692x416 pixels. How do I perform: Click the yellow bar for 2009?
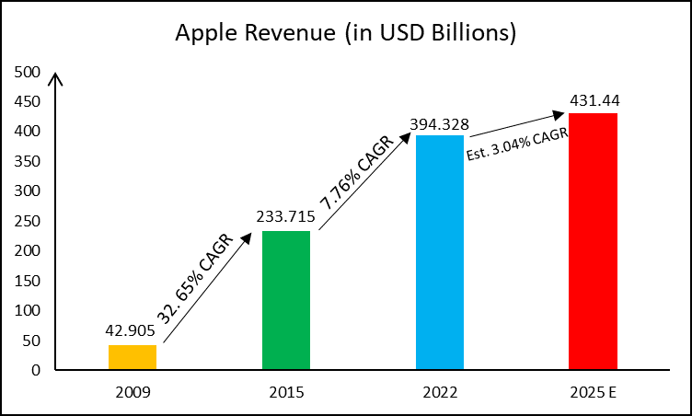click(133, 357)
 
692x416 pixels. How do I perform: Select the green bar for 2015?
click(286, 300)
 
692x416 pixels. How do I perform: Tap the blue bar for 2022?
click(440, 252)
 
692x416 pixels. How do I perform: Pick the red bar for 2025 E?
click(594, 241)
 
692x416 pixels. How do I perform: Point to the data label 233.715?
click(286, 218)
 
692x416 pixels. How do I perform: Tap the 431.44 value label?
click(594, 101)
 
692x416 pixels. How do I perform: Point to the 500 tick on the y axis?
click(27, 72)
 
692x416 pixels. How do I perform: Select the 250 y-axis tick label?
click(27, 221)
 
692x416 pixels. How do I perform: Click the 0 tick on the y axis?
click(35, 370)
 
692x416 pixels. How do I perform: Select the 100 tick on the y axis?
click(27, 310)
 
